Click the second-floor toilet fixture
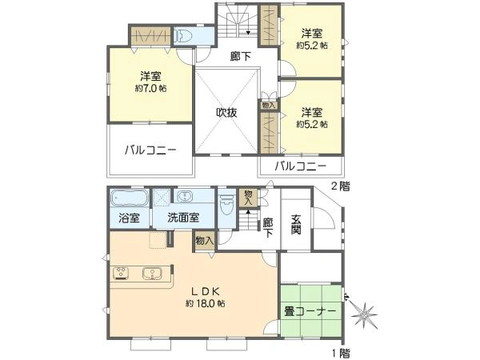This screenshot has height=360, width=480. [x=182, y=36]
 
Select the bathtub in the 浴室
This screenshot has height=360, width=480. [x=129, y=198]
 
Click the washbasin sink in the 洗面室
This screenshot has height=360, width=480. [x=184, y=196]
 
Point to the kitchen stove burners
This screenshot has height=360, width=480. [x=122, y=274]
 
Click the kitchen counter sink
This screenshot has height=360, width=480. [x=151, y=274]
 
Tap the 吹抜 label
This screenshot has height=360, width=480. [x=227, y=113]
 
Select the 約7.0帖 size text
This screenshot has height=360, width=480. [x=151, y=89]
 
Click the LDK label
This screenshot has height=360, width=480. [x=206, y=292]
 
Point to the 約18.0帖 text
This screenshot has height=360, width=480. [x=206, y=304]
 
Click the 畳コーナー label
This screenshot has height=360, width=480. [x=310, y=311]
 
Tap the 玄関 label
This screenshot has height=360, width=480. [x=296, y=224]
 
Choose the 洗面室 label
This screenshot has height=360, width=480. [x=183, y=218]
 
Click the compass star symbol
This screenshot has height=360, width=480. [x=364, y=315]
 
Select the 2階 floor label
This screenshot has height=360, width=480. [x=341, y=186]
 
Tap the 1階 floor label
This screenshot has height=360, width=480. [x=341, y=354]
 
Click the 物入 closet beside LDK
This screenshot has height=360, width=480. [x=205, y=241]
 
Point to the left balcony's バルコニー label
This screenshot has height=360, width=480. [x=150, y=150]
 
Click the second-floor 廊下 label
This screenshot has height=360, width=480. [x=241, y=56]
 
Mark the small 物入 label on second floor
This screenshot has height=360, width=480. [x=269, y=106]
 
